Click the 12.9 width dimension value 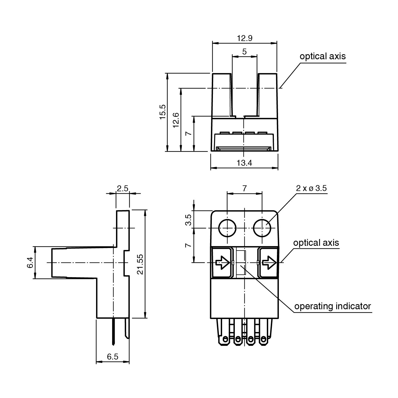(245, 38)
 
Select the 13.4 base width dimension (244, 163)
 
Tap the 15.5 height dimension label (163, 112)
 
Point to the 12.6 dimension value (176, 120)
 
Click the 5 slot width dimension (245, 52)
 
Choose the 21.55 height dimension (140, 264)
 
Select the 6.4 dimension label (30, 263)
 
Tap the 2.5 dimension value (122, 188)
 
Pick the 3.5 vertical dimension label (188, 220)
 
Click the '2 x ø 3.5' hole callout (311, 188)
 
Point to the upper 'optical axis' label (323, 56)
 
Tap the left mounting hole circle (227, 228)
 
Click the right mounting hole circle (262, 228)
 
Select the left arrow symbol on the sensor (223, 263)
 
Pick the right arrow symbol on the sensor (269, 263)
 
